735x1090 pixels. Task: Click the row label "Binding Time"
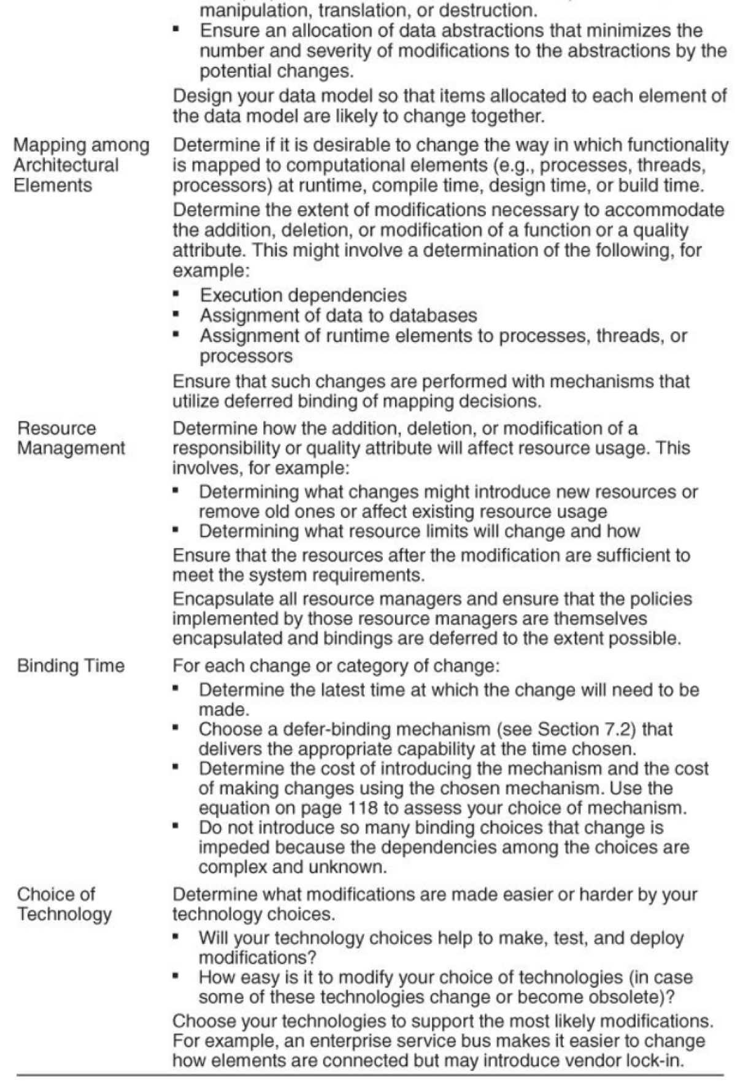71,665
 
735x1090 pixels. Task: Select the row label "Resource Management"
71,438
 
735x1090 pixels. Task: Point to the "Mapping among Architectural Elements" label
81,165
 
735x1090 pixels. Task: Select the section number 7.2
620,729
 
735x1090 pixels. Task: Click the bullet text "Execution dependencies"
303,295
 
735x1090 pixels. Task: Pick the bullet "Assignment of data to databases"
338,315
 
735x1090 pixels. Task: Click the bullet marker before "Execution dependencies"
177,295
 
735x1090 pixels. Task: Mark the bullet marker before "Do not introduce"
177,827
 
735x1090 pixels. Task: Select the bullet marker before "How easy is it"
177,977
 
